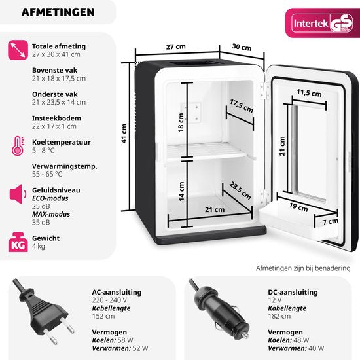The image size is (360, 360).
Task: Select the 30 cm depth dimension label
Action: pyautogui.click(x=242, y=47)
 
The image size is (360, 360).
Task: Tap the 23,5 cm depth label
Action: pyautogui.click(x=240, y=190)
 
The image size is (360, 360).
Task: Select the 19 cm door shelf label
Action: pyautogui.click(x=298, y=207)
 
